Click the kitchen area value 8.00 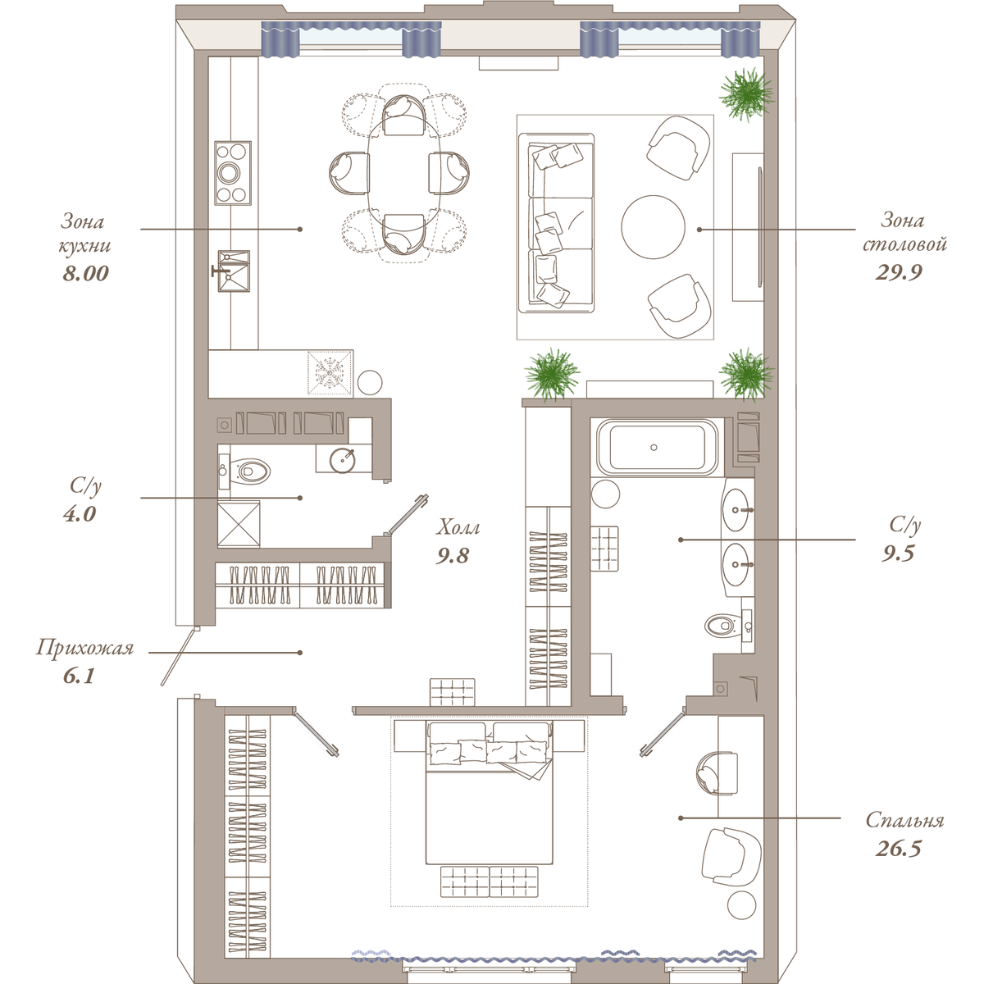coord(86,273)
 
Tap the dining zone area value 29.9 coord(899,272)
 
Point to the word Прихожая coord(84,648)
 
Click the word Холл coord(458,527)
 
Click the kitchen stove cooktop coord(233,173)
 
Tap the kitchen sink coord(234,271)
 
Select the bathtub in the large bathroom coord(657,448)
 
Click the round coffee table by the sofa coord(653,227)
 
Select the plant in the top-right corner coord(745,94)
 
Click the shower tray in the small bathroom coord(239,524)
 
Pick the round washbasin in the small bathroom coord(343,460)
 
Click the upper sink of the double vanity coord(737,509)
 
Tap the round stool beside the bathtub coord(606,494)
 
